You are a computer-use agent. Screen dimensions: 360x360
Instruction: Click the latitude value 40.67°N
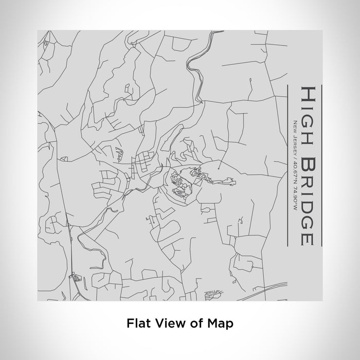point(295,170)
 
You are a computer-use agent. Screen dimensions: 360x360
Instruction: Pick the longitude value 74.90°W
point(295,194)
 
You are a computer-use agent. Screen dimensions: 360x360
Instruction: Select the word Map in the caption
point(222,324)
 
